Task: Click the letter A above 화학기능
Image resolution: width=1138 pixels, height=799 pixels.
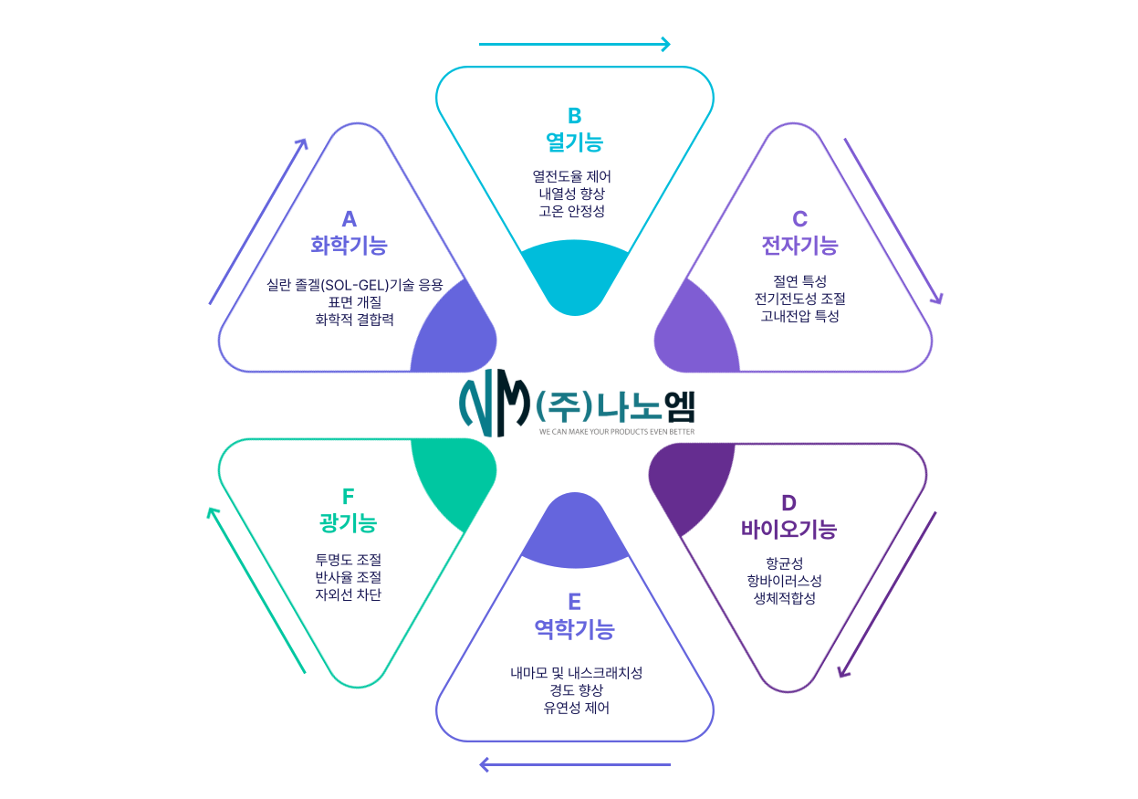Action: tap(349, 219)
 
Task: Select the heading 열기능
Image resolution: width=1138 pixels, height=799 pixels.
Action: tap(574, 142)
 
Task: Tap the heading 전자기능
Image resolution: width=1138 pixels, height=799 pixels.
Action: tap(799, 245)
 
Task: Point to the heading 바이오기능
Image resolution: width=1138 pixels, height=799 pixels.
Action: tap(788, 529)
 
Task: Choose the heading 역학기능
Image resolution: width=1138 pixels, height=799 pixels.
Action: tap(574, 628)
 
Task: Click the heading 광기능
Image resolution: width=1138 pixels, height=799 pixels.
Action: tap(348, 522)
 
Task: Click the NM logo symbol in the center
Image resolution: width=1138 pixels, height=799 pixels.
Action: tap(494, 405)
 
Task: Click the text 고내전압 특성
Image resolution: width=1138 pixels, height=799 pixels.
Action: tap(799, 316)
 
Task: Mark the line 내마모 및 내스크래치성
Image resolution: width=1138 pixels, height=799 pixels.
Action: tap(576, 673)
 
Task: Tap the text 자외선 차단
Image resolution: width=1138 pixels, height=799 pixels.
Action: tap(348, 594)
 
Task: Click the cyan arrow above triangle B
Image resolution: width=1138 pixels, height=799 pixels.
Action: tap(574, 44)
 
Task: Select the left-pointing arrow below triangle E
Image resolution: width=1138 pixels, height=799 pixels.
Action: tap(575, 764)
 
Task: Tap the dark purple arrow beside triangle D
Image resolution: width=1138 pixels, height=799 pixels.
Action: tap(887, 594)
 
